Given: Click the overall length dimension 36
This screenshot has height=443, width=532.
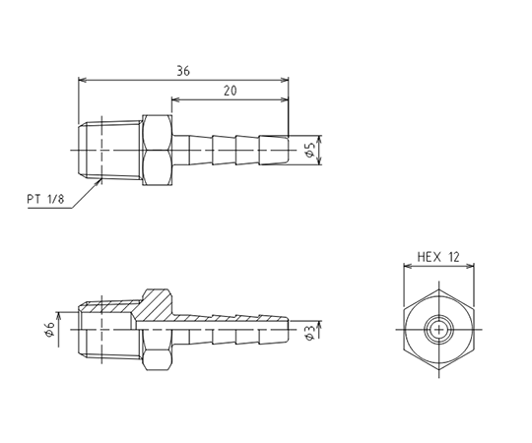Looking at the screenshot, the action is [x=183, y=71].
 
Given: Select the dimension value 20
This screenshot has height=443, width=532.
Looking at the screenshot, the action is [x=231, y=91].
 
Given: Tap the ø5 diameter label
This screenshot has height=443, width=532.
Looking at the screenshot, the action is [x=309, y=150].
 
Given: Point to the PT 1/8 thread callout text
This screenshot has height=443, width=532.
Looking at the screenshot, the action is [x=45, y=199].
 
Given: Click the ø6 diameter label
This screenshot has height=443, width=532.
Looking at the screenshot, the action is [x=49, y=330].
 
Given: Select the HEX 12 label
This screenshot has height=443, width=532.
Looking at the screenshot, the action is [x=438, y=257].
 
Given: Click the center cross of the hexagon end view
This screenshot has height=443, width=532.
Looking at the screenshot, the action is [x=439, y=329].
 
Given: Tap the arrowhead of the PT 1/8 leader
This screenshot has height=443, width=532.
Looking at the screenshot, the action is [x=99, y=182].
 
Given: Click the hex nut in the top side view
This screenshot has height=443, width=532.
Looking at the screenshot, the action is [x=157, y=151].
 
